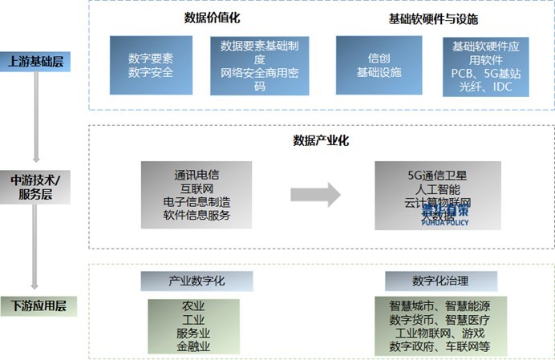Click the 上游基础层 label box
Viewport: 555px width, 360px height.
(36, 61)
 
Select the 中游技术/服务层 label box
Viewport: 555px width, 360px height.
(36, 186)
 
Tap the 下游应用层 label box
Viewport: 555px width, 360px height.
(36, 305)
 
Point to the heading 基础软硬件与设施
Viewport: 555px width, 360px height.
(433, 18)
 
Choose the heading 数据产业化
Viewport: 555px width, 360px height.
(321, 140)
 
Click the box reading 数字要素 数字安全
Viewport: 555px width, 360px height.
(150, 65)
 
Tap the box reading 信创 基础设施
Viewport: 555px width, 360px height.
(379, 65)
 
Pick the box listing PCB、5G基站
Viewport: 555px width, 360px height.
(486, 66)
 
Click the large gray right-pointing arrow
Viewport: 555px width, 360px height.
(315, 194)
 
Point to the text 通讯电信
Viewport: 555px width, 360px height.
(196, 175)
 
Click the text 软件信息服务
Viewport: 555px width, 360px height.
(196, 215)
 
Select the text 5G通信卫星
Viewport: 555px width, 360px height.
(437, 175)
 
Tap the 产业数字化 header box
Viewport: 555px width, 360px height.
(196, 281)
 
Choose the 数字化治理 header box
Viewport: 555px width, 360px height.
(440, 281)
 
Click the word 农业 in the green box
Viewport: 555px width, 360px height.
(193, 306)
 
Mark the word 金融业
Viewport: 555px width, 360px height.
(193, 346)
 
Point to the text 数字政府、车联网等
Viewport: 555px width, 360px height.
(440, 346)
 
